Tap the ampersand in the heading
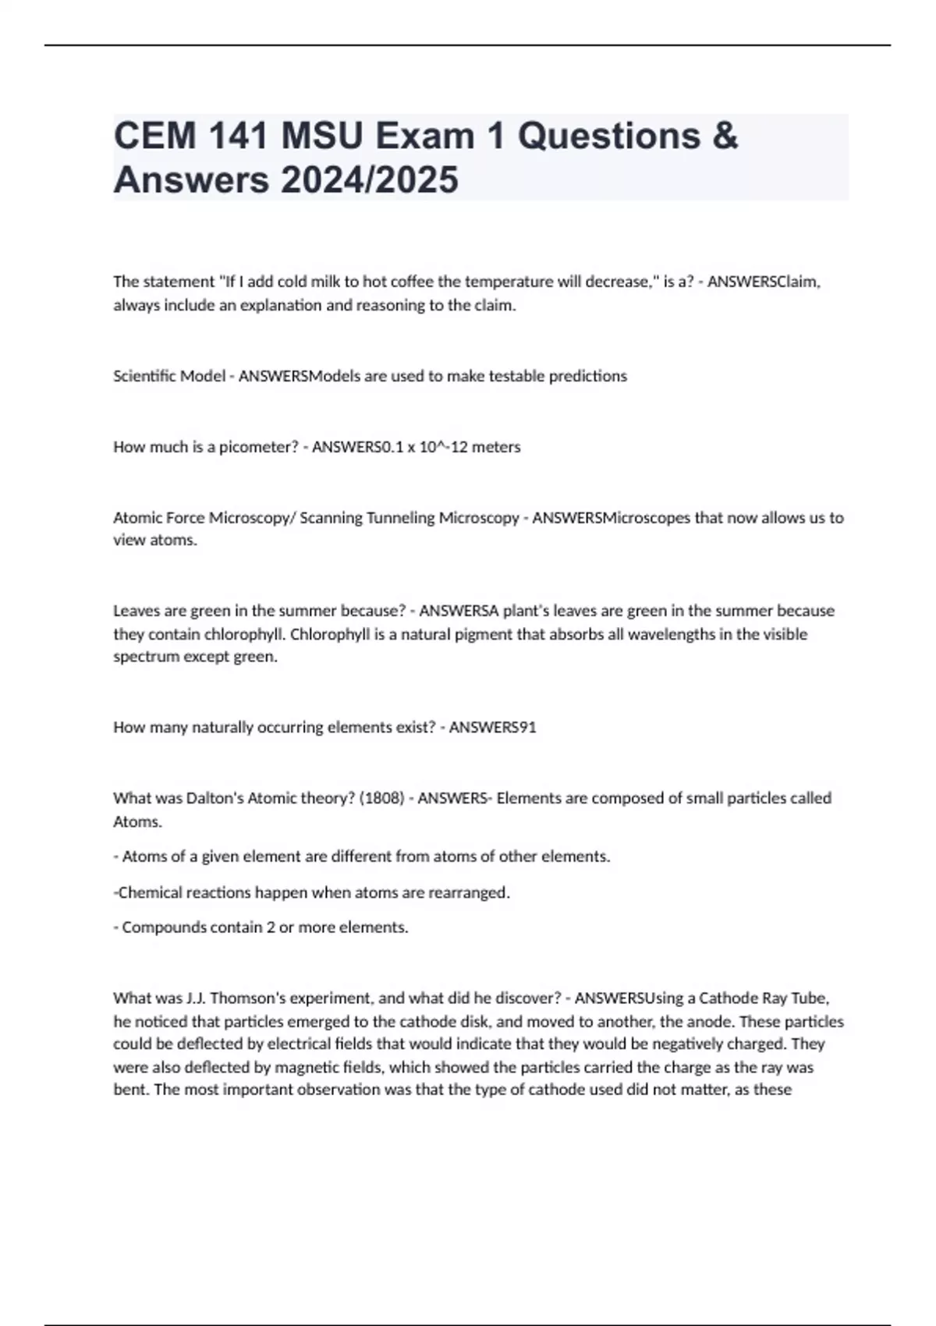click(x=725, y=136)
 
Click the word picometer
click(x=252, y=447)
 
